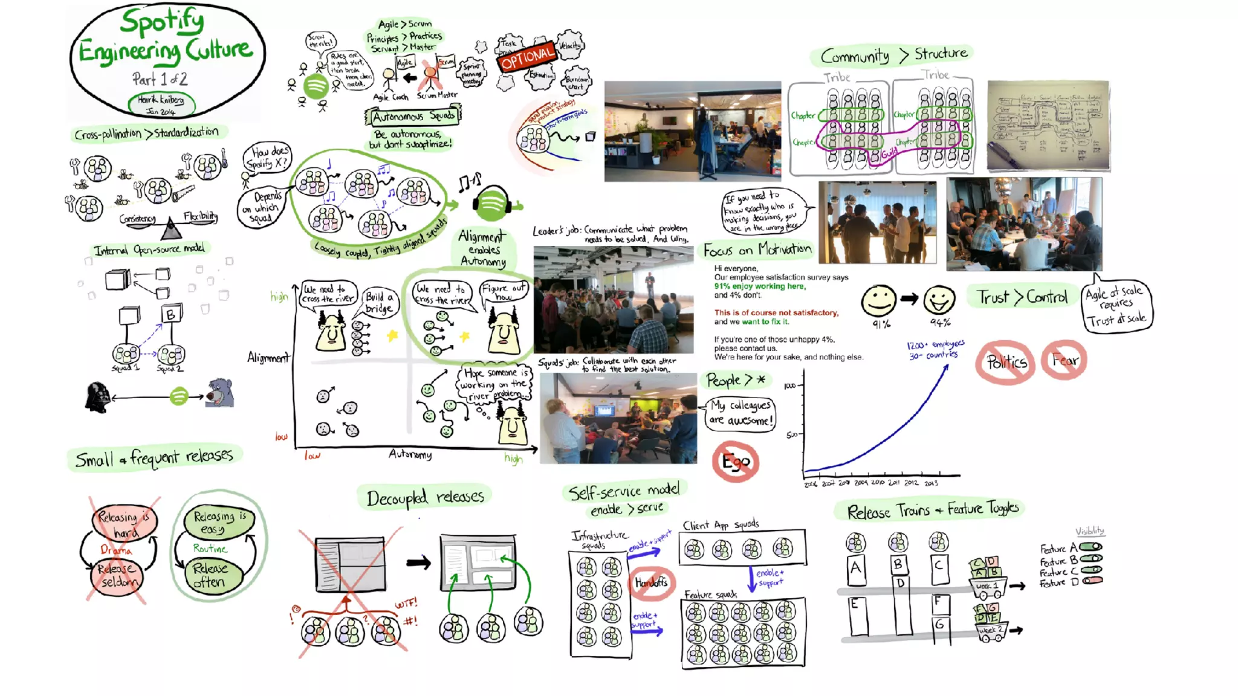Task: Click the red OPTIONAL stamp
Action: (x=527, y=57)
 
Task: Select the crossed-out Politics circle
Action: (x=1005, y=362)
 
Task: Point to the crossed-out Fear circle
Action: (x=1064, y=360)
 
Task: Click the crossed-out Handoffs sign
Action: (x=651, y=583)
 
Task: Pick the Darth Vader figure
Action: (x=97, y=397)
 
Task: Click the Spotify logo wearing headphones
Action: (x=491, y=204)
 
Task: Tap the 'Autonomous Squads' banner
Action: (x=413, y=116)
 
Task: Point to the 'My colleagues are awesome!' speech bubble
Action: (x=741, y=413)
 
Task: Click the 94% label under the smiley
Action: (x=940, y=323)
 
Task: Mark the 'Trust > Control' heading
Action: (x=1022, y=297)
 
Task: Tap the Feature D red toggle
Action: (x=1092, y=581)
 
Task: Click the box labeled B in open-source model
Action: (x=171, y=314)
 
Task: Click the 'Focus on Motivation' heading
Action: (x=757, y=250)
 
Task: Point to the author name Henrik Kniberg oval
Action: (x=161, y=105)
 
